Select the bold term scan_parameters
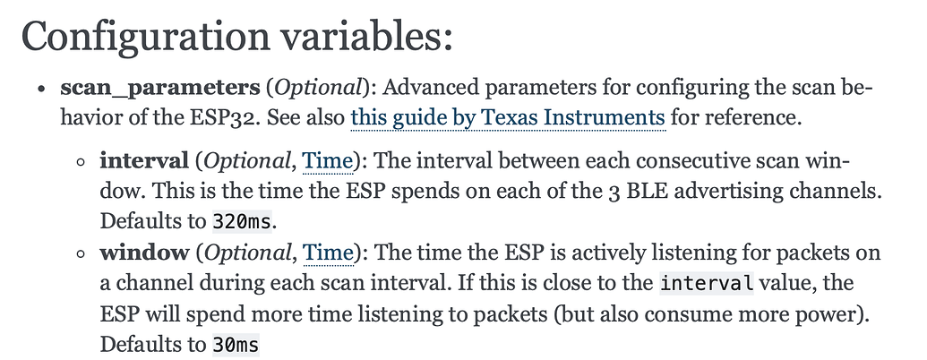pos(160,88)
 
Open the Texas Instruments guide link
pos(509,117)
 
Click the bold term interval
pos(143,160)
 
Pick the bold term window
pos(144,253)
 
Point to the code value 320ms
pos(243,222)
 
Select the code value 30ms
pos(236,345)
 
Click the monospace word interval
pos(707,283)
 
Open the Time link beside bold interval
pos(328,161)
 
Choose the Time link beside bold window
pos(328,253)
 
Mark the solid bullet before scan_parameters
pos(41,90)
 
